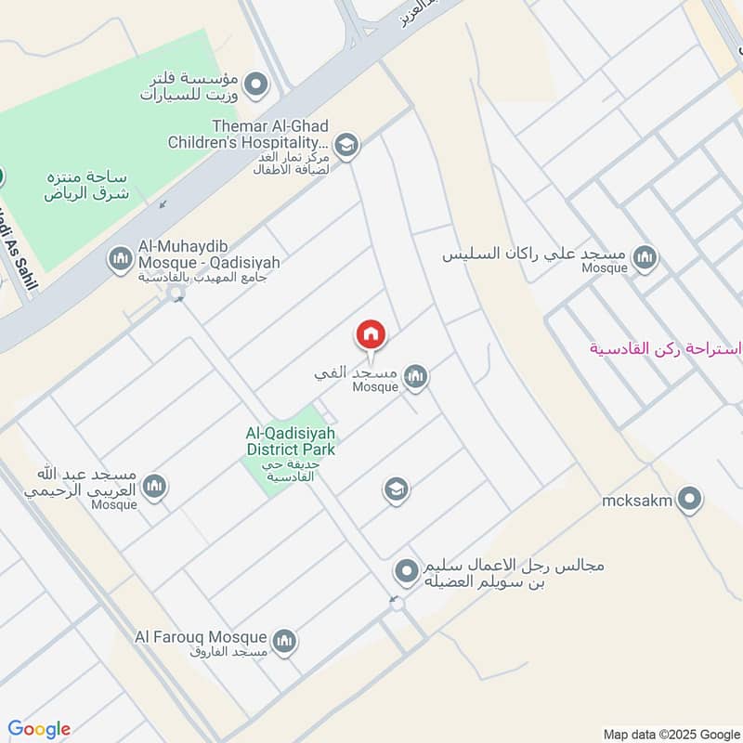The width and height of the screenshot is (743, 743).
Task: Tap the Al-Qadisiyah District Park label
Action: [290, 441]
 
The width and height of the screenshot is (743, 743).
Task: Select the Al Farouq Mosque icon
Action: [284, 640]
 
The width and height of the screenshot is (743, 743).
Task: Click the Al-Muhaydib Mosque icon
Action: [121, 259]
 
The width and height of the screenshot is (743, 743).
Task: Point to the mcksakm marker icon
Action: [689, 502]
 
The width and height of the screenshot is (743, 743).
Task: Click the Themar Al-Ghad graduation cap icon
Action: [346, 145]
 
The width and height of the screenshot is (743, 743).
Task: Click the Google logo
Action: [39, 729]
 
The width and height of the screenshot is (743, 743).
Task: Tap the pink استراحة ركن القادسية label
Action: [666, 349]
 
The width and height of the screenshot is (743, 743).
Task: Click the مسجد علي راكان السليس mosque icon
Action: [644, 258]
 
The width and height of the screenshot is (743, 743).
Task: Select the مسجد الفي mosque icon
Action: [415, 375]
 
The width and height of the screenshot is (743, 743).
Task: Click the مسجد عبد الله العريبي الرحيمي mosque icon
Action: [154, 486]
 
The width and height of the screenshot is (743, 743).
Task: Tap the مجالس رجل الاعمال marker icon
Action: [406, 570]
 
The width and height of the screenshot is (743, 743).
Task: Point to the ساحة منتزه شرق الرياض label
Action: [85, 185]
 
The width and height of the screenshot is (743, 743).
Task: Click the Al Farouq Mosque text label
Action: [201, 637]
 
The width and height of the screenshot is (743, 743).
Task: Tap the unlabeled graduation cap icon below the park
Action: [397, 489]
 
